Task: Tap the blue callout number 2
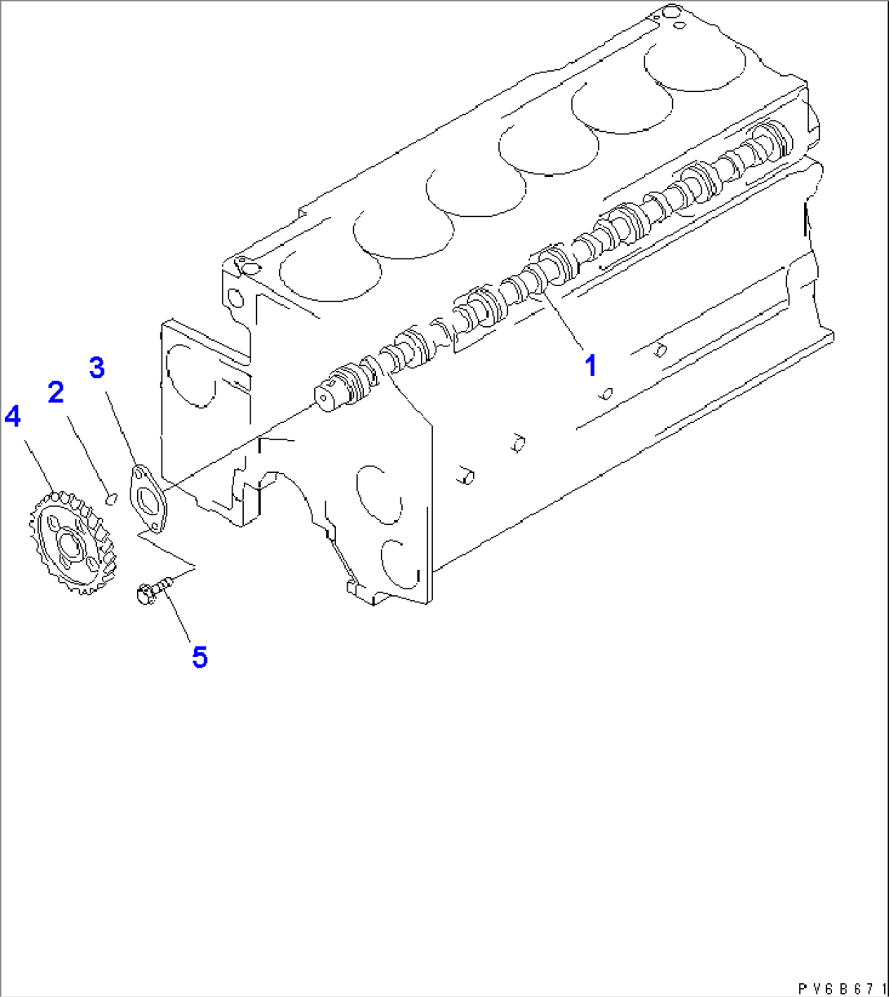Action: click(55, 393)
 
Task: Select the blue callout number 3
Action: click(96, 368)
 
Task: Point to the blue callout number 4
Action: click(12, 417)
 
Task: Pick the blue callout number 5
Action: click(199, 656)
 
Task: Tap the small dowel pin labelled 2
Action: click(113, 495)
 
